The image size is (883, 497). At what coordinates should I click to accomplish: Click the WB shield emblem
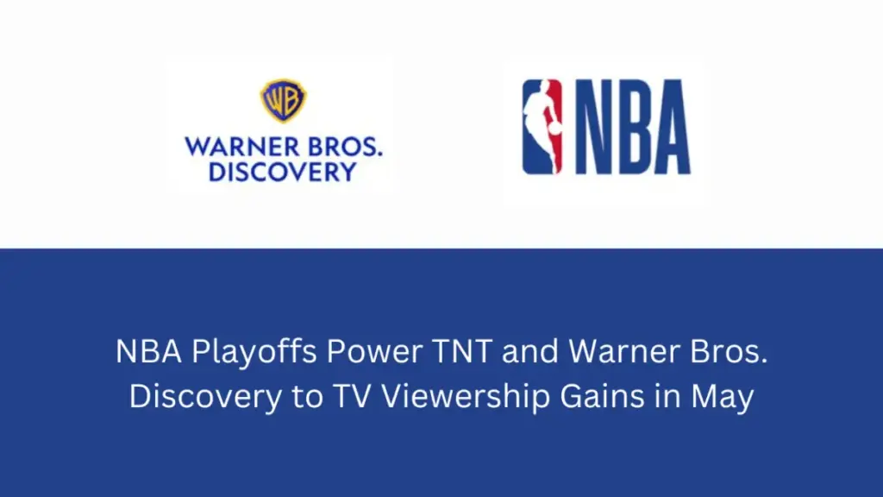click(x=283, y=101)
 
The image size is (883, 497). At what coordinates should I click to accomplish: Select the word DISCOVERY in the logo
click(x=283, y=172)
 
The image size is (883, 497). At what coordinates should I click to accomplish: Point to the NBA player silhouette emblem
click(x=542, y=127)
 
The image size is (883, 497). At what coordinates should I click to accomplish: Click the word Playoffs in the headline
click(x=254, y=352)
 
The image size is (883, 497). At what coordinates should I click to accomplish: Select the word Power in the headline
click(x=374, y=352)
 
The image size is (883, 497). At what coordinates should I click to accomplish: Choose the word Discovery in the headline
click(x=205, y=397)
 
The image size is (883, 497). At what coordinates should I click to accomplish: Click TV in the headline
click(x=353, y=396)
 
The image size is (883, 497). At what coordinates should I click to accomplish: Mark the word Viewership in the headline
click(x=466, y=397)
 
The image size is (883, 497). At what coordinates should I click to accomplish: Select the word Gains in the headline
click(x=602, y=396)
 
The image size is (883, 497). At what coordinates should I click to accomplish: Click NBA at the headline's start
click(x=148, y=352)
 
